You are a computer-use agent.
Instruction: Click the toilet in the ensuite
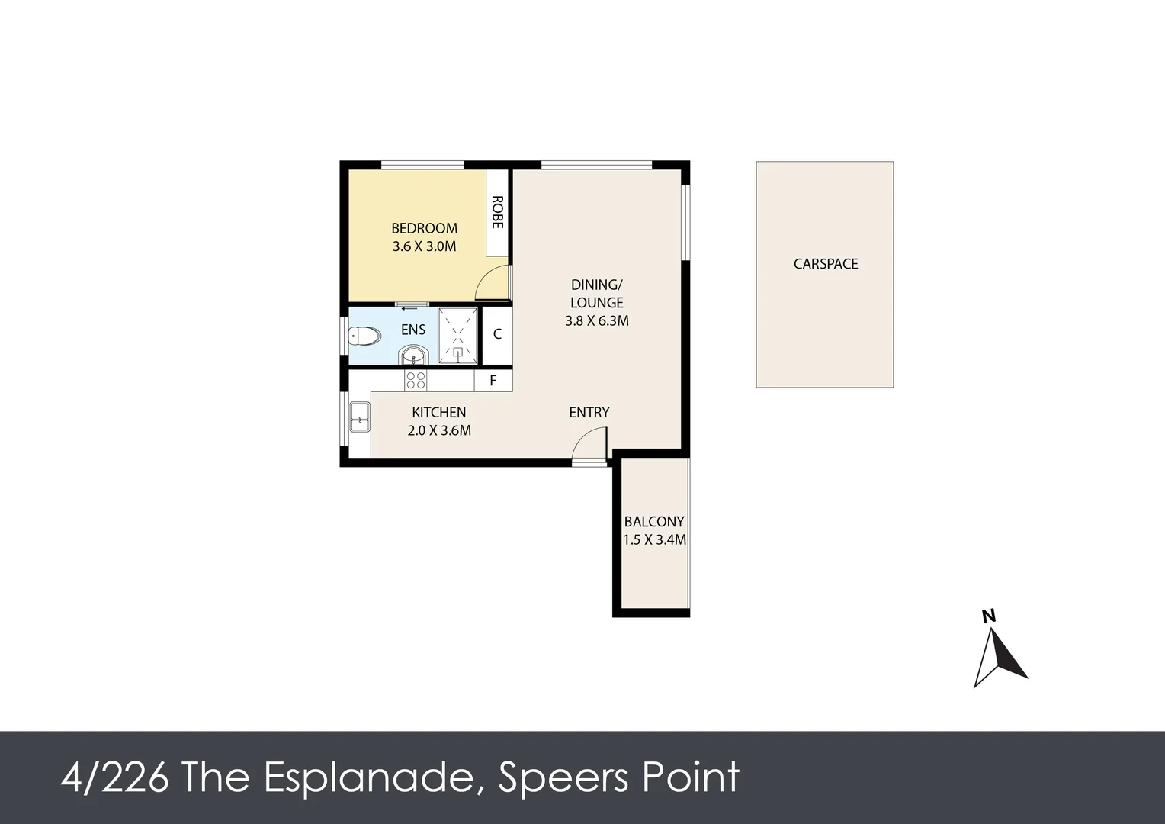364,336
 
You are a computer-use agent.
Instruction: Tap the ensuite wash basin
414,356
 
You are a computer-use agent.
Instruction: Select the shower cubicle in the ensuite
457,336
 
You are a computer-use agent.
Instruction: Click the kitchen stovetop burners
416,381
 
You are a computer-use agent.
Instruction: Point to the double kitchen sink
359,417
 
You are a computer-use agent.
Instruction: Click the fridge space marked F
493,381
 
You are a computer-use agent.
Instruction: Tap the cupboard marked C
497,334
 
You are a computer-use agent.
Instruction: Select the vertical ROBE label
497,212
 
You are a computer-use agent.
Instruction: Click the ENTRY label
589,413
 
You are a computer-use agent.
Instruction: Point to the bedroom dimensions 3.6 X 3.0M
425,246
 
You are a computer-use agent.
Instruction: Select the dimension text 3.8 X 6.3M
597,320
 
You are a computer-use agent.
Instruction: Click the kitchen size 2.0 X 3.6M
439,431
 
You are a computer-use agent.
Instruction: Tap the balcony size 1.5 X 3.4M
655,539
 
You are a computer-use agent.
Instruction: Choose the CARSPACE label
826,264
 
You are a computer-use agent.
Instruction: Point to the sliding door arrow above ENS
409,308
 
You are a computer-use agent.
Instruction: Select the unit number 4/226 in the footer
115,778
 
